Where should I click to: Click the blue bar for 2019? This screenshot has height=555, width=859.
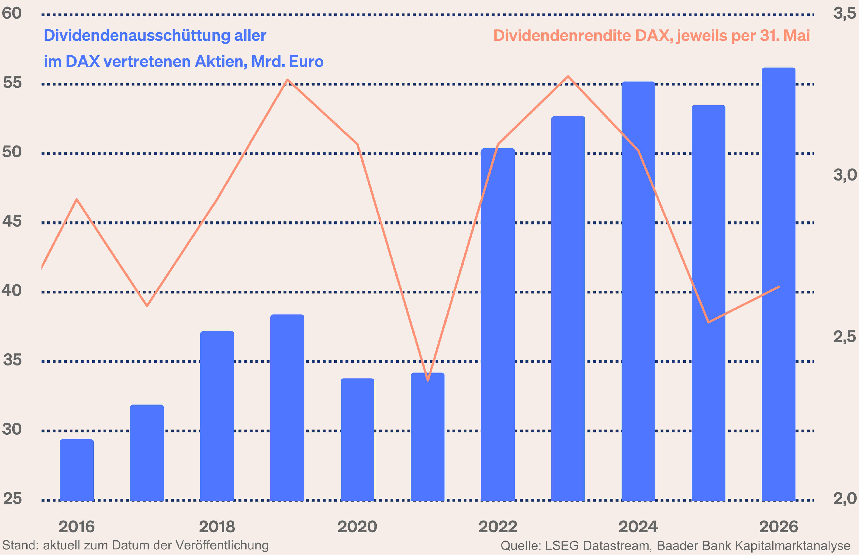point(287,407)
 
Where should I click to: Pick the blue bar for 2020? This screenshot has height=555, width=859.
point(357,440)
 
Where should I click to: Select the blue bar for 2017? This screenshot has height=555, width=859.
point(147,453)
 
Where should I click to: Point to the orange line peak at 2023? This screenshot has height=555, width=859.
point(568,77)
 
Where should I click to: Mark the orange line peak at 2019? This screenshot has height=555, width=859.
point(287,80)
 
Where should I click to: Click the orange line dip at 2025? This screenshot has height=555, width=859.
point(709,322)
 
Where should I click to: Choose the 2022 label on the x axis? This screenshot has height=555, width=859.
point(498,527)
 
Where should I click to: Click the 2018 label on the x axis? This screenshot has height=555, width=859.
point(217,527)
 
